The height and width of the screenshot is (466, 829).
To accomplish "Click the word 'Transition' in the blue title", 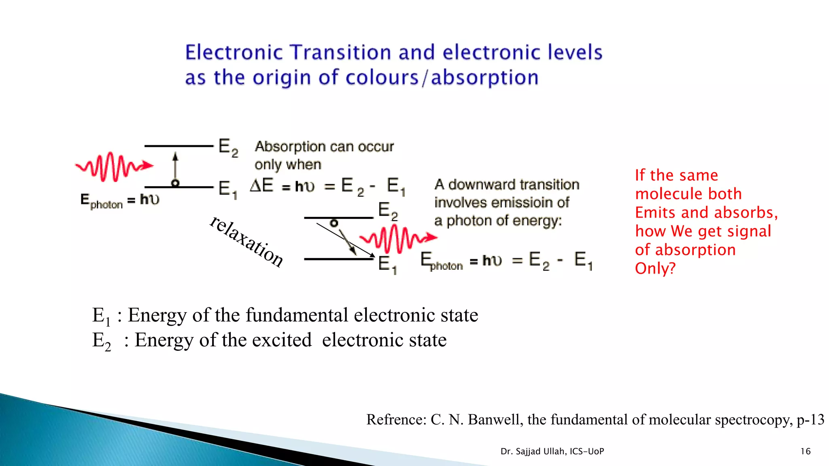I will tap(342, 53).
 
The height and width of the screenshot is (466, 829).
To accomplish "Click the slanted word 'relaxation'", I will tap(247, 241).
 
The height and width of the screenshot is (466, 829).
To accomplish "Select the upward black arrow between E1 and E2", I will tap(175, 166).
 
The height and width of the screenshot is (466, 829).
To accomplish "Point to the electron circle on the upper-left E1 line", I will tap(175, 183).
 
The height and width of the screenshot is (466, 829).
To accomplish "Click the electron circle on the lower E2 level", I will tap(334, 223).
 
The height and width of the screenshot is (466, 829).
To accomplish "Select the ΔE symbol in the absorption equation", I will tap(261, 186).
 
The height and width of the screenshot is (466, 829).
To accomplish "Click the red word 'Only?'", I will tap(655, 269).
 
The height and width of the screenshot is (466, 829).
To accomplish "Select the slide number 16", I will tap(805, 451).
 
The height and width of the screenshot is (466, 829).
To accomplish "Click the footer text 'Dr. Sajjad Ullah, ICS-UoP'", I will tap(552, 451).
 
